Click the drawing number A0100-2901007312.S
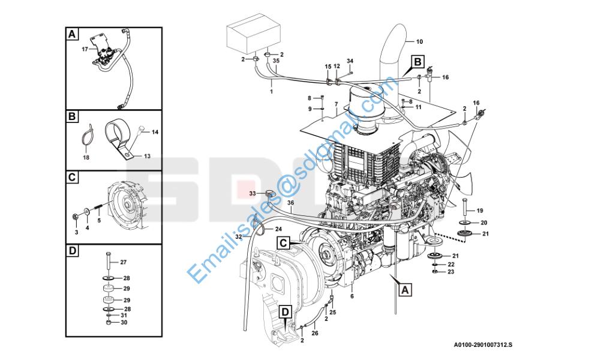pos(487,345)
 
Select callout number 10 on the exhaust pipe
pos(419,41)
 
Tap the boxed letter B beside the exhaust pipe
pos(417,61)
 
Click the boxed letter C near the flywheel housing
pos(284,243)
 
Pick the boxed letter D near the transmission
pos(286,311)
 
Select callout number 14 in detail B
pos(154,131)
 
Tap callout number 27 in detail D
pos(124,262)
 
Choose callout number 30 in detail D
pos(124,322)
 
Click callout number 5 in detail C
pos(99,220)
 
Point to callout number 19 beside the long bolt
pos(479,211)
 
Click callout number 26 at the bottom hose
pos(314,333)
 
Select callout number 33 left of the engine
pos(253,193)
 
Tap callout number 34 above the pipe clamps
pos(350,61)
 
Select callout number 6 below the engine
pos(351,296)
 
